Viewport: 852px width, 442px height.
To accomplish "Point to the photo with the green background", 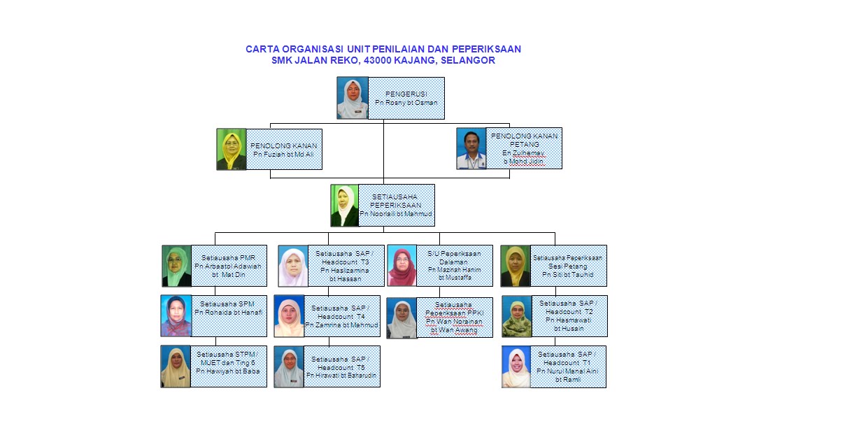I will pyautogui.click(x=231, y=149).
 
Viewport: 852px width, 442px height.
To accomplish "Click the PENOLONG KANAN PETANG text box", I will pyautogui.click(x=524, y=148).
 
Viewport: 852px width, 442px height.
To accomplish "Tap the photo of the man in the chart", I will pyautogui.click(x=471, y=148).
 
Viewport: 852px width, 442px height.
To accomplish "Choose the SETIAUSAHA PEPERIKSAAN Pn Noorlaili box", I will pyautogui.click(x=396, y=205).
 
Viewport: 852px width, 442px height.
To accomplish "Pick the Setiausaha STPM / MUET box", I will pyautogui.click(x=228, y=366).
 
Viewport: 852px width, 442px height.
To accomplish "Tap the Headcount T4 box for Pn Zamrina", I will pyautogui.click(x=342, y=316).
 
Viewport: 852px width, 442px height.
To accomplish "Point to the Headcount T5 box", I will pyautogui.click(x=341, y=366).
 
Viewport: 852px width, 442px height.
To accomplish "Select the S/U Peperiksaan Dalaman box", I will pyautogui.click(x=454, y=266).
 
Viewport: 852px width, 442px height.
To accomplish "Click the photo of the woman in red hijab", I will pyautogui.click(x=402, y=266).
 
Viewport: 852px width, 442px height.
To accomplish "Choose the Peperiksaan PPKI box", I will pyautogui.click(x=454, y=318).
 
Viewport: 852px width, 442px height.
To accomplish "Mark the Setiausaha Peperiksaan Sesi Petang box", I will pyautogui.click(x=567, y=266).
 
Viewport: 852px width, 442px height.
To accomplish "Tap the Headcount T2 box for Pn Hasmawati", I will pyautogui.click(x=567, y=316).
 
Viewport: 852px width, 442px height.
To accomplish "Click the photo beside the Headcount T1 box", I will pyautogui.click(x=516, y=367).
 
